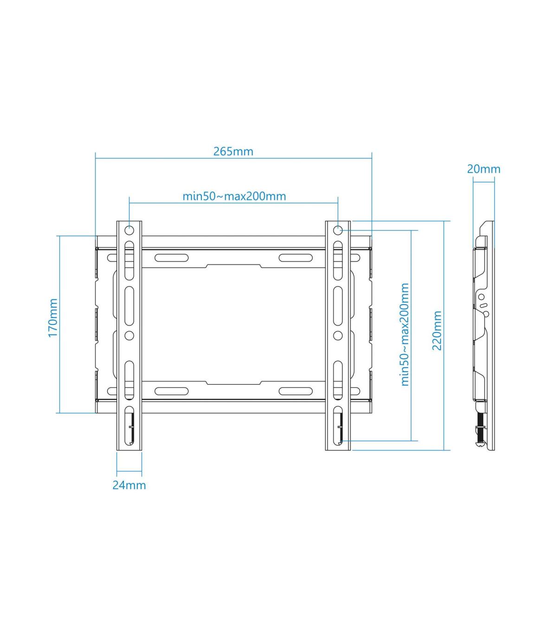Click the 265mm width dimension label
(x=233, y=152)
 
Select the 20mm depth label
(x=484, y=169)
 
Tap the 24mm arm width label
(x=129, y=485)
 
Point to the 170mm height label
(x=53, y=318)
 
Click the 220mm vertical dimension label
(x=437, y=331)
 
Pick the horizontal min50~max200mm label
(x=234, y=196)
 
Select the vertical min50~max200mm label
(x=405, y=335)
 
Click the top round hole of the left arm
(x=130, y=230)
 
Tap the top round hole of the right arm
(x=338, y=230)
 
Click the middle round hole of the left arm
(x=130, y=335)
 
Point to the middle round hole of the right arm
(x=338, y=335)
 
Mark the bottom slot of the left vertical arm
(x=130, y=426)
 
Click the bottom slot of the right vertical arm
(x=338, y=426)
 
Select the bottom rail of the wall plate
(x=234, y=407)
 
